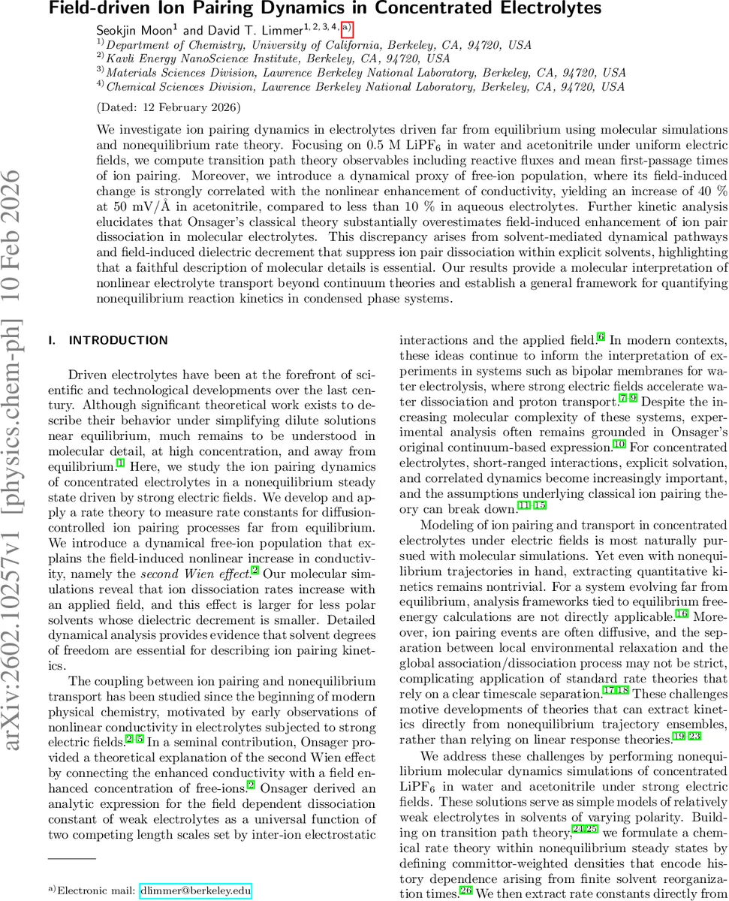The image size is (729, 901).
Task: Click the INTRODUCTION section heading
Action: tap(118, 341)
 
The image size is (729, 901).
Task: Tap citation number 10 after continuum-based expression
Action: tap(619, 444)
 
